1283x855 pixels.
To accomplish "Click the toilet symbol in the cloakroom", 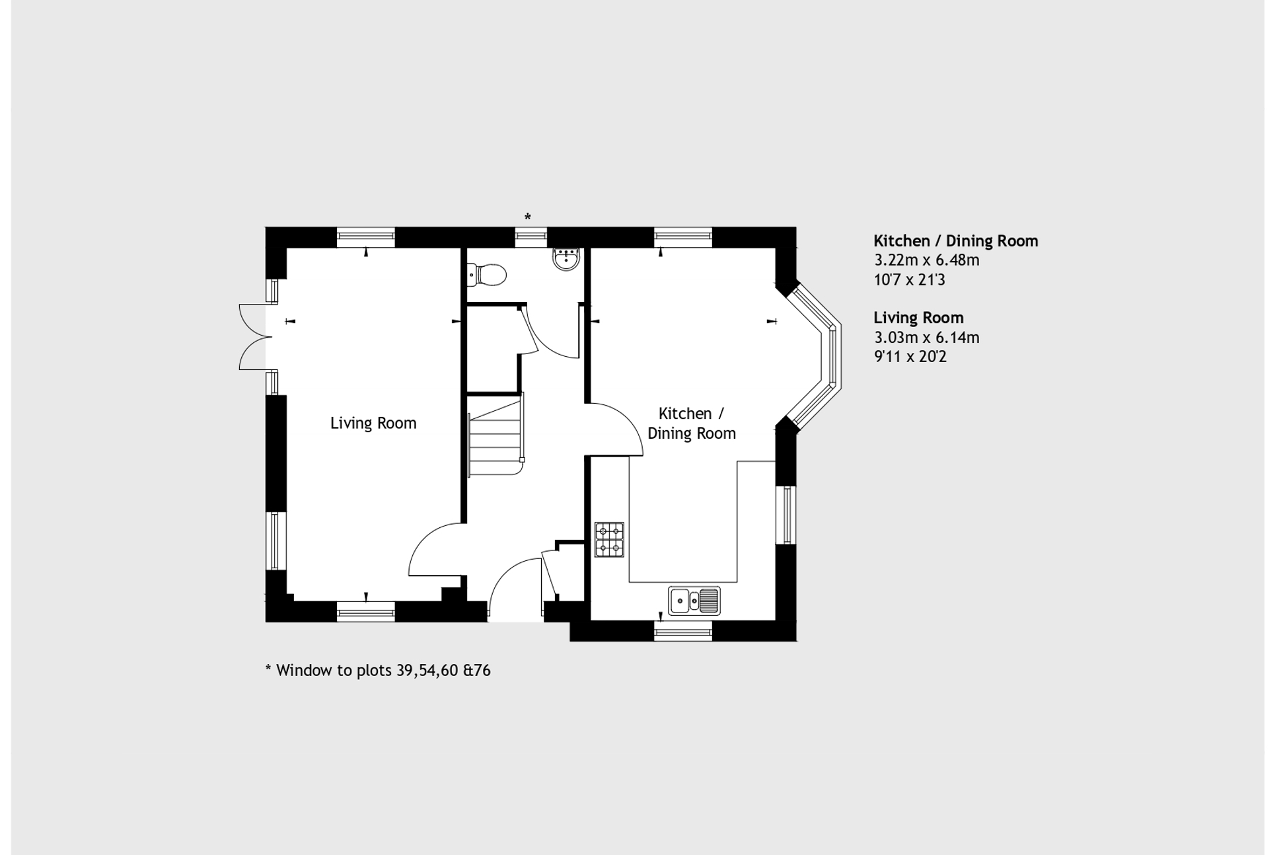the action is [486, 274].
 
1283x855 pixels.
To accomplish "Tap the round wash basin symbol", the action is [566, 259].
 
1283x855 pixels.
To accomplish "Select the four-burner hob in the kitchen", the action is [609, 540].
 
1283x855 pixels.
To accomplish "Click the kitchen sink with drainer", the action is [694, 601].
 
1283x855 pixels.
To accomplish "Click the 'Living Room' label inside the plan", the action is [373, 424].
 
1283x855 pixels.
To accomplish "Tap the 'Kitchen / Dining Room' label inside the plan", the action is [691, 424].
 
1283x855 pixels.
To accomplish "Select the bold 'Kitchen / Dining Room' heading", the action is [955, 241].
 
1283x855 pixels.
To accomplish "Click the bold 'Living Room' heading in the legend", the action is [918, 318].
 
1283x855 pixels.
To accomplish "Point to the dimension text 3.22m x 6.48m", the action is [926, 260].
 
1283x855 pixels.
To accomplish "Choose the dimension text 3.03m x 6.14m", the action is [926, 338].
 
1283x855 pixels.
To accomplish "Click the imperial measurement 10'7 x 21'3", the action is [909, 279].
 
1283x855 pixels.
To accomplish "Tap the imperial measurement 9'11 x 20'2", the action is [910, 357].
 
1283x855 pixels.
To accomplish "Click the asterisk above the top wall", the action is [527, 217].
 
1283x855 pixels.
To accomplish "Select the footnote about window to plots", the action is [377, 671].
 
